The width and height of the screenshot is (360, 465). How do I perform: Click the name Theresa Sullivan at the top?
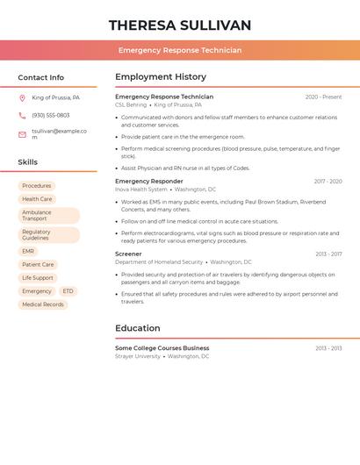[x=179, y=25]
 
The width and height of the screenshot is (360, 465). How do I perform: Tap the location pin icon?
[x=22, y=98]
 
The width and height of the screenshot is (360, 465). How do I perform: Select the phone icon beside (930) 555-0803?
[x=22, y=115]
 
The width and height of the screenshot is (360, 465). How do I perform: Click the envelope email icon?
[x=22, y=134]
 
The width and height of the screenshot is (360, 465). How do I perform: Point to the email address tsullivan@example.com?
[x=58, y=134]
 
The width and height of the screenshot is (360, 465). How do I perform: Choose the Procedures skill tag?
[x=37, y=186]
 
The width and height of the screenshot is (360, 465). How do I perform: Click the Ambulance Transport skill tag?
[x=48, y=215]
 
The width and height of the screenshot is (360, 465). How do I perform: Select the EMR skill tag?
[x=29, y=251]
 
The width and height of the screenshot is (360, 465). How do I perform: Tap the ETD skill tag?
[x=68, y=291]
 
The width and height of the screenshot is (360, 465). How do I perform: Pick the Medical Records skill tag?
[x=43, y=304]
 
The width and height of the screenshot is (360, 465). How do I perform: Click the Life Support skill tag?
[x=38, y=278]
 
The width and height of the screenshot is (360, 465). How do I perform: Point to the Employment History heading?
[x=161, y=77]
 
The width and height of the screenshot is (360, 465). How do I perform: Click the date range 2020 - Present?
[x=323, y=97]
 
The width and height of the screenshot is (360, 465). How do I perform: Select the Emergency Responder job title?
[x=149, y=182]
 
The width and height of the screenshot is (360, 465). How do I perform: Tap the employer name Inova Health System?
[x=140, y=190]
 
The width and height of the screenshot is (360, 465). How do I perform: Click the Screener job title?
[x=128, y=254]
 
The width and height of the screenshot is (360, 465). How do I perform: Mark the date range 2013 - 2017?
[x=328, y=254]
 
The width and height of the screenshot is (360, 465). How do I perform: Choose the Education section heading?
[x=138, y=329]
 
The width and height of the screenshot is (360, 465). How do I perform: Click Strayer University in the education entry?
[x=138, y=356]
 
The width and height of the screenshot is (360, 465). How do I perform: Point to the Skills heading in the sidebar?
[x=28, y=162]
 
